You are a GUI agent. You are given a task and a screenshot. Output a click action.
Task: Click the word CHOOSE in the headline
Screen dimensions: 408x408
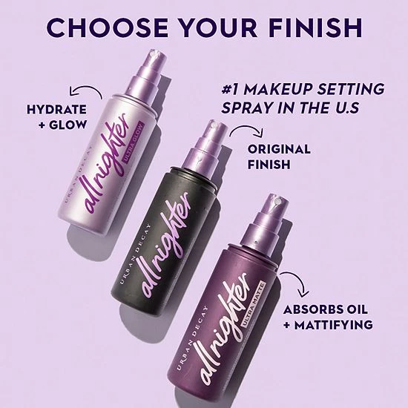(x=111, y=27)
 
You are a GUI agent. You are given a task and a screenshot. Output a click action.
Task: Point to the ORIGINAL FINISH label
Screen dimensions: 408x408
(x=280, y=157)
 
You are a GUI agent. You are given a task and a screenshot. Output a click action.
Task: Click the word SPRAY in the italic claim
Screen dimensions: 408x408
(x=247, y=109)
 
